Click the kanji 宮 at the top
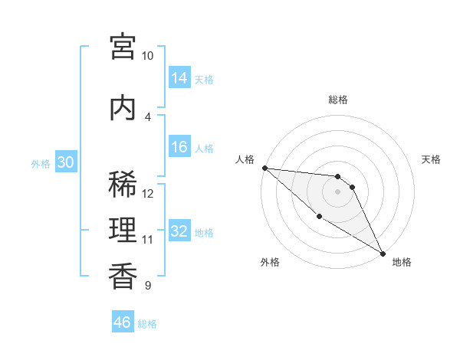click(123, 46)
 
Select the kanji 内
click(123, 108)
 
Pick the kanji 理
click(123, 231)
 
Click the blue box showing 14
click(179, 77)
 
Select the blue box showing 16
click(179, 147)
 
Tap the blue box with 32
click(179, 231)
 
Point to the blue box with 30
click(65, 162)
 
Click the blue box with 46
click(123, 322)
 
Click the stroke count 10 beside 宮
click(147, 56)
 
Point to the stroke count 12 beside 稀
click(148, 194)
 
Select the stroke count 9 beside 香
click(147, 286)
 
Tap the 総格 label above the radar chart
click(338, 100)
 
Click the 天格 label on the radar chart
click(431, 159)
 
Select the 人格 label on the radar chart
click(245, 159)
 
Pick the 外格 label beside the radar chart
click(270, 262)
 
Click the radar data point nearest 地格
click(382, 253)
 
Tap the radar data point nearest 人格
click(264, 168)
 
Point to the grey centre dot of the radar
click(338, 191)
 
